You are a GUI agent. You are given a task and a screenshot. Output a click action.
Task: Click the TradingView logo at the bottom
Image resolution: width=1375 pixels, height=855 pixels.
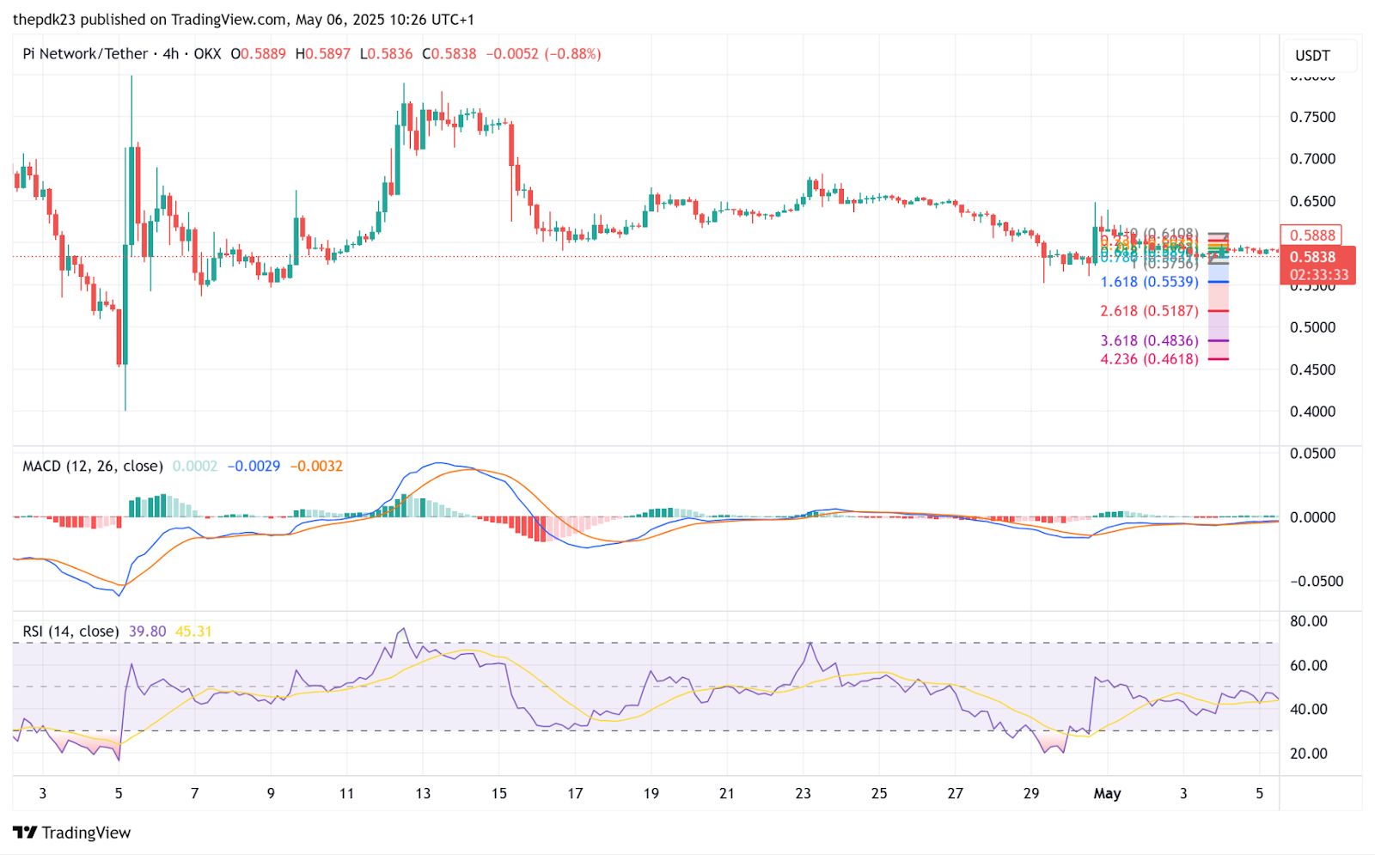pyautogui.click(x=72, y=832)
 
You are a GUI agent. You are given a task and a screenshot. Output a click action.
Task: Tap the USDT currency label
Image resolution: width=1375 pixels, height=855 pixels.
pyautogui.click(x=1312, y=56)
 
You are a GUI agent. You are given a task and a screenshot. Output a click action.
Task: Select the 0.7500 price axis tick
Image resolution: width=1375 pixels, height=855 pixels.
pyautogui.click(x=1312, y=117)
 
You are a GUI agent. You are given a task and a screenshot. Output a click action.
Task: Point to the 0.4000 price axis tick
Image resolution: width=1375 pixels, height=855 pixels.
pyautogui.click(x=1312, y=412)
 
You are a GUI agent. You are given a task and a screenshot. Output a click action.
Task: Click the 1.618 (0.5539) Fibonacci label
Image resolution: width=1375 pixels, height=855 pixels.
pyautogui.click(x=1149, y=282)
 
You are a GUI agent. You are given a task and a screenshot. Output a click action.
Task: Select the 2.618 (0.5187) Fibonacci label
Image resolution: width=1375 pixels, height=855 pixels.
pyautogui.click(x=1149, y=311)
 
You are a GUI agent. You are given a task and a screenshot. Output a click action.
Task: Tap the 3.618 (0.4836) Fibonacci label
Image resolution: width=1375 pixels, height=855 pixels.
pyautogui.click(x=1149, y=341)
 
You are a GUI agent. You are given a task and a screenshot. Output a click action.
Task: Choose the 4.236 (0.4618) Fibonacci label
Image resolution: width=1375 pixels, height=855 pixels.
pyautogui.click(x=1149, y=359)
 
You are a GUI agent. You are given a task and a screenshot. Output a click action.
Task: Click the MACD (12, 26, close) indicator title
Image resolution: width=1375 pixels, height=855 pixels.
pyautogui.click(x=93, y=466)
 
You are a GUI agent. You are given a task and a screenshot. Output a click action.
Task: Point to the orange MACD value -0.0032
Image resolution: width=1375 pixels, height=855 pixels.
pyautogui.click(x=316, y=466)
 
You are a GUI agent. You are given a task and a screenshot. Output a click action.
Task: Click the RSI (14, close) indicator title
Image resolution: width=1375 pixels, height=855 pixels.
pyautogui.click(x=70, y=631)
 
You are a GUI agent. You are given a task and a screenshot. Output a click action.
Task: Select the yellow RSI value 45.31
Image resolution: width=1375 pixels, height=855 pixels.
pyautogui.click(x=193, y=631)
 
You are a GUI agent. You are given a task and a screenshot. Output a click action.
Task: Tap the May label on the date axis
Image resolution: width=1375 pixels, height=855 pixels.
pyautogui.click(x=1107, y=793)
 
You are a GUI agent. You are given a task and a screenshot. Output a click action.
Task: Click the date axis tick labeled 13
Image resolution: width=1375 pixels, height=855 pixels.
pyautogui.click(x=423, y=793)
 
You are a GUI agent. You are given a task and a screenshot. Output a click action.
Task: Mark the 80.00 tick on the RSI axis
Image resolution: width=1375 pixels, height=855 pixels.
pyautogui.click(x=1309, y=621)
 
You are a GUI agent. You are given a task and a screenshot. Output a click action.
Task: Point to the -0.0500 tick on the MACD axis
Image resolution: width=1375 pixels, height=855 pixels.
pyautogui.click(x=1316, y=582)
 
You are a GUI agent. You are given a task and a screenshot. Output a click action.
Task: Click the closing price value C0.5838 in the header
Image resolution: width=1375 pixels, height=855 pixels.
pyautogui.click(x=449, y=53)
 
